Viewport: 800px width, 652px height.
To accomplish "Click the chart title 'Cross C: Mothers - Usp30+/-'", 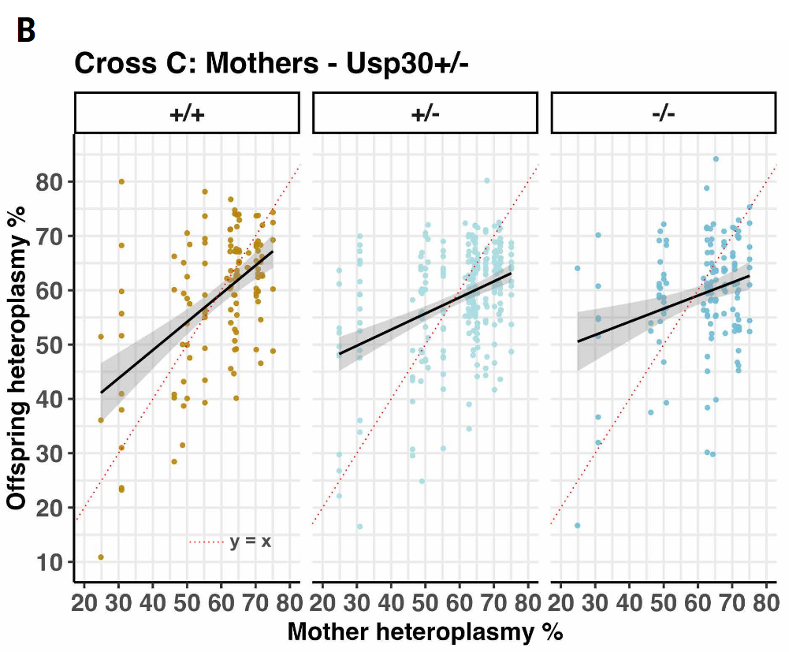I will click(271, 64).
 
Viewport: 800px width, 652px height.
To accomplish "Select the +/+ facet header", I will click(187, 113).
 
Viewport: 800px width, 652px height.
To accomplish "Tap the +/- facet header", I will click(425, 113).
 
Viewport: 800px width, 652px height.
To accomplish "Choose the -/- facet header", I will click(664, 113).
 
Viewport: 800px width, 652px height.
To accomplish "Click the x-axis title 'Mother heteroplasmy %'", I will click(425, 632).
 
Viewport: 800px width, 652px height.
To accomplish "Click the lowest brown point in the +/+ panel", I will click(101, 557).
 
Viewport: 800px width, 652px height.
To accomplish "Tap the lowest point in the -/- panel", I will click(577, 526).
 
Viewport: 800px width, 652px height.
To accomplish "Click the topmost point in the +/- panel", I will click(487, 181).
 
